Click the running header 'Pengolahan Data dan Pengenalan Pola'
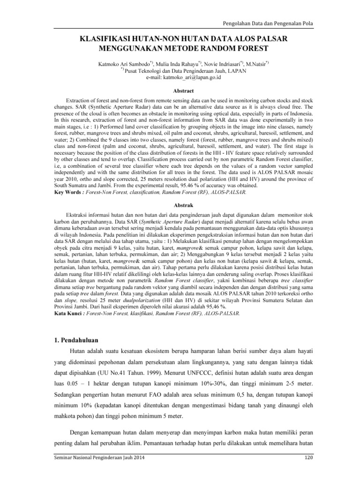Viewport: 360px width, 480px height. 267,23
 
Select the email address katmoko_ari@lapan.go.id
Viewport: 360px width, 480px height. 180,77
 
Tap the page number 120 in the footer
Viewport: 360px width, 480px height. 309,470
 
